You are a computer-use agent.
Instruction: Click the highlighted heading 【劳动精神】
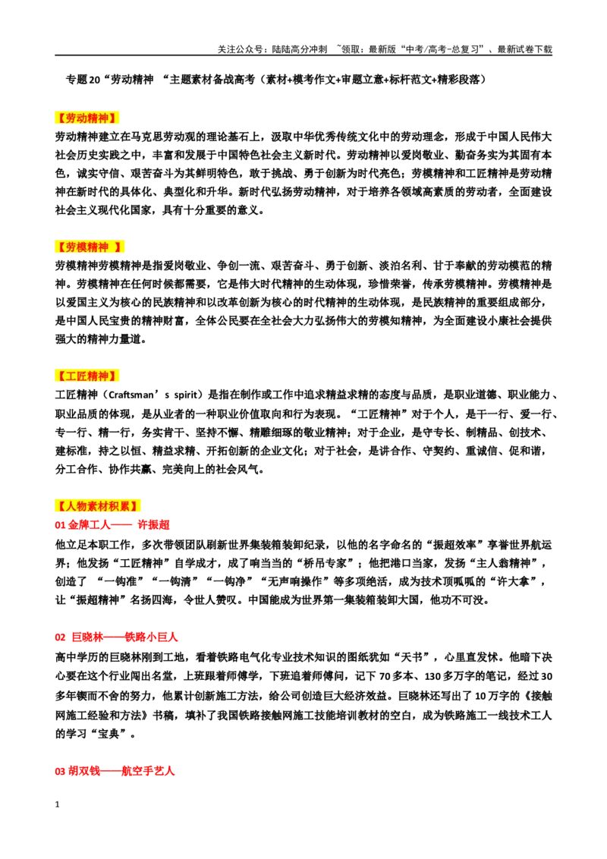point(86,118)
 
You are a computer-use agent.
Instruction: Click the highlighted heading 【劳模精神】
point(90,247)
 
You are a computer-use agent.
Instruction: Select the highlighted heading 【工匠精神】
point(86,376)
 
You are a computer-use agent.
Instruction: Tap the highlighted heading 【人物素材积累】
point(98,505)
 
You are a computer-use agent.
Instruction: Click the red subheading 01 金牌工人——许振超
point(112,525)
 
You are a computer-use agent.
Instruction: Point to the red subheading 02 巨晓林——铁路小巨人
point(116,637)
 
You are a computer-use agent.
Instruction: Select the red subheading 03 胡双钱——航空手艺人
point(115,771)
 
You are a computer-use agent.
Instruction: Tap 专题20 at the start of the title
point(83,80)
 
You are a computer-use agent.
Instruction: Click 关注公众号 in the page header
point(240,49)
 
